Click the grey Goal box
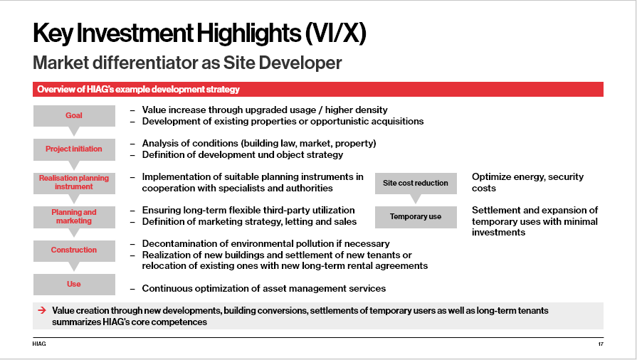(74, 116)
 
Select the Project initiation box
(74, 149)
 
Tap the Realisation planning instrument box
(74, 182)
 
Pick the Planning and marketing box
(74, 216)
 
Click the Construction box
(74, 250)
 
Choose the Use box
(74, 284)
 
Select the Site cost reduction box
(416, 184)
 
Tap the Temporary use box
(416, 217)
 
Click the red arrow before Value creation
(42, 310)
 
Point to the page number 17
(601, 344)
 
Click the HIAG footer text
(39, 344)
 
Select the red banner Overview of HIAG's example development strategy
(318, 90)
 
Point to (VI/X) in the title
(335, 33)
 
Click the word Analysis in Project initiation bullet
(159, 144)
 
